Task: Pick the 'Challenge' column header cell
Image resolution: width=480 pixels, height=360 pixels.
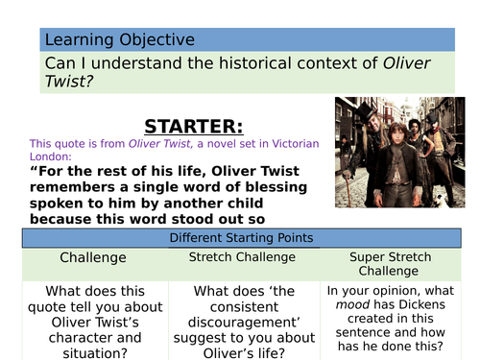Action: [92, 258]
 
